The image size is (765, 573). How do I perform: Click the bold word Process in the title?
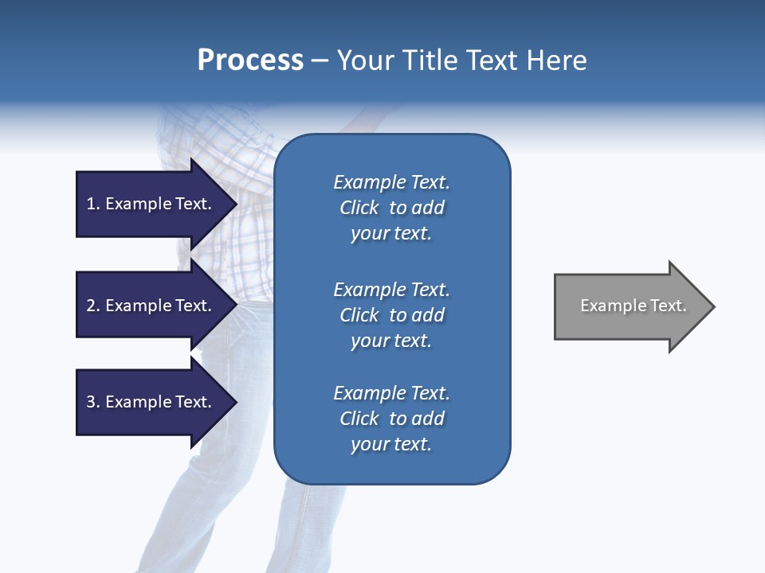coord(250,60)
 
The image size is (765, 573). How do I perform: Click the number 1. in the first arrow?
coord(93,204)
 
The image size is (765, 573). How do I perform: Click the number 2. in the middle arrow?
coord(93,306)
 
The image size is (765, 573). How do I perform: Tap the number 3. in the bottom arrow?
coord(93,402)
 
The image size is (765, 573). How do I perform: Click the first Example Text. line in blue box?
coord(391,182)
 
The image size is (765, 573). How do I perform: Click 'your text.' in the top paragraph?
coord(391,233)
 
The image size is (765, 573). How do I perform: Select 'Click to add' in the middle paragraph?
coord(391,315)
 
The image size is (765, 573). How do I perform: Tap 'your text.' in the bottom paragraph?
coord(391,444)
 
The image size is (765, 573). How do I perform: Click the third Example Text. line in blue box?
coord(391,393)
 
